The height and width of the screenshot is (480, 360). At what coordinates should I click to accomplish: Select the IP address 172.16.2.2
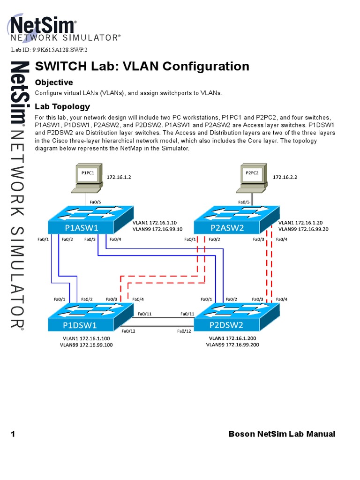[x=285, y=178]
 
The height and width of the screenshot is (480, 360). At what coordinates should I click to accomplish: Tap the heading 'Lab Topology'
[x=62, y=106]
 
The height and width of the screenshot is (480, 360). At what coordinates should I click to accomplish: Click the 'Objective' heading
[x=54, y=82]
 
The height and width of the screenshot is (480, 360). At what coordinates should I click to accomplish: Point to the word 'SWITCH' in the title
[x=58, y=66]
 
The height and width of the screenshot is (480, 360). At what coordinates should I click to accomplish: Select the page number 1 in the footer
[x=13, y=434]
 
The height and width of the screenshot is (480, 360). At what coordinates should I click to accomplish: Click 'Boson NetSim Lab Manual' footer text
[x=282, y=434]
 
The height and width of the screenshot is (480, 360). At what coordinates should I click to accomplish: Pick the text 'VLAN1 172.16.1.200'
[x=232, y=338]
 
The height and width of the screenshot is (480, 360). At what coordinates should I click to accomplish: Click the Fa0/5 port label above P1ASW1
[x=95, y=202]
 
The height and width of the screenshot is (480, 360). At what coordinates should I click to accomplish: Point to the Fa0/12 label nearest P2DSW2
[x=184, y=331]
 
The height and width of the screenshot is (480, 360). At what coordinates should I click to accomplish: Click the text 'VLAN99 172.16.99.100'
[x=86, y=345]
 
